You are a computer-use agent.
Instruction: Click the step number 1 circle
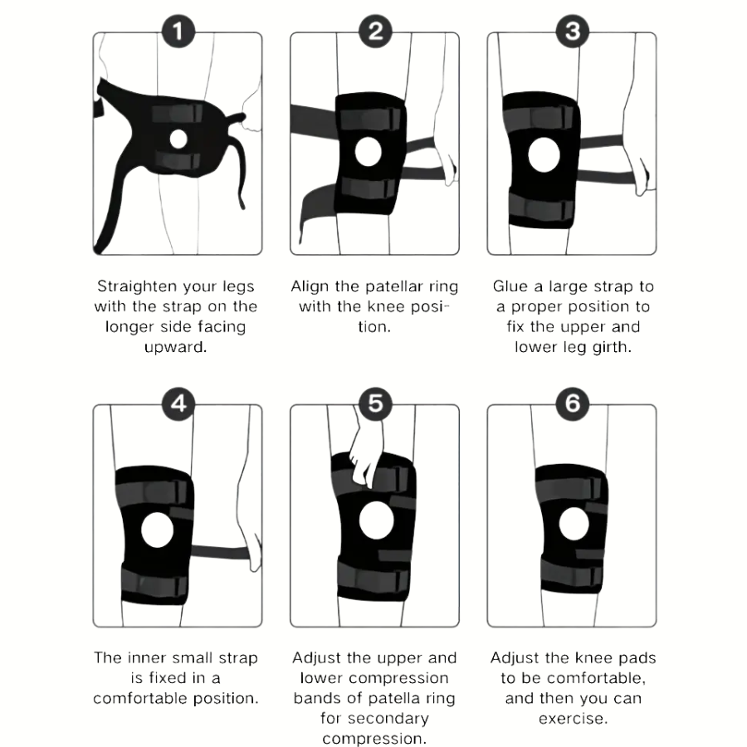click(x=177, y=32)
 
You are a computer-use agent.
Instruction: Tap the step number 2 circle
click(x=374, y=32)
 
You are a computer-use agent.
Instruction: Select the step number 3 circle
click(x=572, y=32)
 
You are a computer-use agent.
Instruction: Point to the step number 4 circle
click(x=177, y=404)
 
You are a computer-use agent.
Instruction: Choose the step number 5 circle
click(x=374, y=404)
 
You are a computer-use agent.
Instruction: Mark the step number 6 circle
click(x=572, y=404)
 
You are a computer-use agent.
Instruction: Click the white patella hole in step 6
click(x=571, y=524)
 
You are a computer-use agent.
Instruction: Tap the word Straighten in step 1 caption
click(x=138, y=286)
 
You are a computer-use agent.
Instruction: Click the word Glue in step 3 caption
click(x=510, y=286)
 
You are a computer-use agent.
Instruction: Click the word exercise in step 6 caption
click(x=573, y=718)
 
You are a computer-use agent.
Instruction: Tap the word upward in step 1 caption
click(x=176, y=347)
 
